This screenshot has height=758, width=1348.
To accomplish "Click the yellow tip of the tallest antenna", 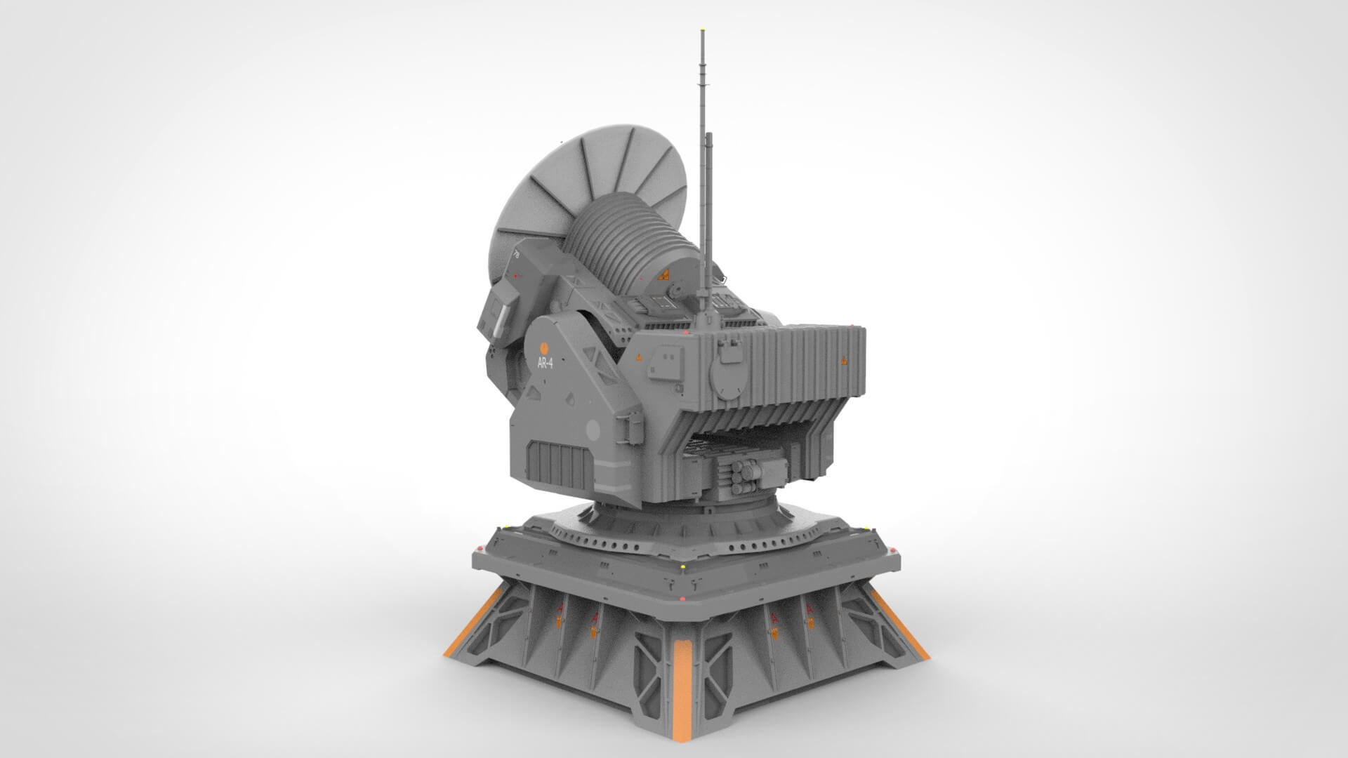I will (703, 31).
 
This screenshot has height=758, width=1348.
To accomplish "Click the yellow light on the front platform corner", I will (683, 564).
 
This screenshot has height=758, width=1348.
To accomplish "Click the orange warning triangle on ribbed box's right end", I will (843, 361).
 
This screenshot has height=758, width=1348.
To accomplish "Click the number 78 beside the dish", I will (516, 255).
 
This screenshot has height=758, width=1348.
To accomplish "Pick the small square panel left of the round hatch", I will (662, 364).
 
